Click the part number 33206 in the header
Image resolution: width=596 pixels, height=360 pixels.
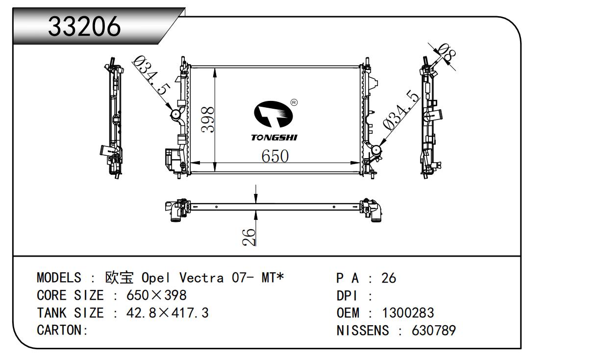coord(84,26)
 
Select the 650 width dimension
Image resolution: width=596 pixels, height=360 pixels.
coord(274,156)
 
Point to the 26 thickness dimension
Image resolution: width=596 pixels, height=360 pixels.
coord(249,237)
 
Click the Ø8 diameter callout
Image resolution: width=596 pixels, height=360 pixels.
coord(447,53)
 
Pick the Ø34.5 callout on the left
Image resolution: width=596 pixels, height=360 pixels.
coord(152,76)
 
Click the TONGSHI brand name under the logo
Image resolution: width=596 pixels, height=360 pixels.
coord(274,138)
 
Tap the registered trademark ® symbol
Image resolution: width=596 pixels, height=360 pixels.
coord(294,102)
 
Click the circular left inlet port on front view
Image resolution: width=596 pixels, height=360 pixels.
coord(175,114)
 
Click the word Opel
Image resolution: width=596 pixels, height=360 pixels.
coord(155,278)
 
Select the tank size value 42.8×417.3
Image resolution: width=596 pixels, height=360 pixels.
coord(168,312)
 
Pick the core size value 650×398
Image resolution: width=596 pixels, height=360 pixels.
coord(156,295)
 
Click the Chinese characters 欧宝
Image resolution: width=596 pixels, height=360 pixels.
coord(119,278)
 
